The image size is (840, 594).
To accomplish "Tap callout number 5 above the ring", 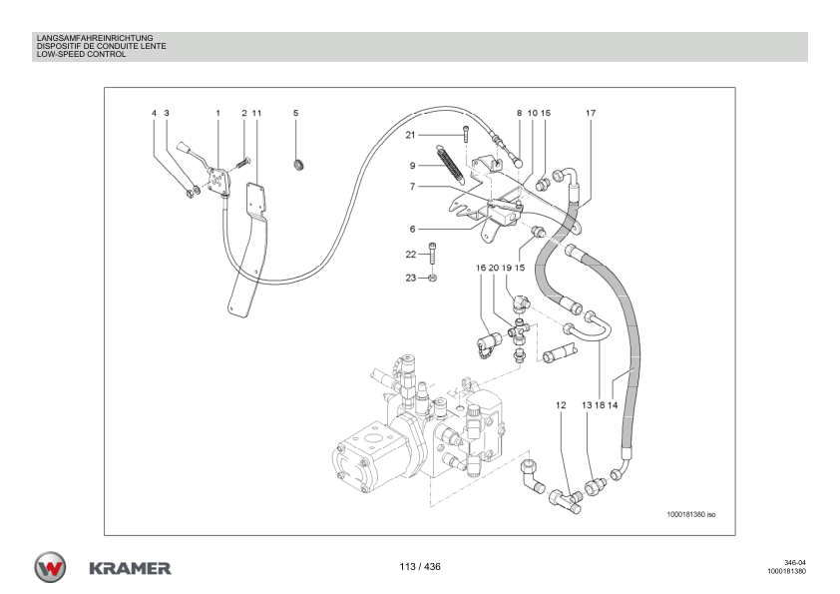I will (295, 114).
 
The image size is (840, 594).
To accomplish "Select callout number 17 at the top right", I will (591, 114).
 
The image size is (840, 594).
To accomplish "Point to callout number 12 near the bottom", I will (561, 405).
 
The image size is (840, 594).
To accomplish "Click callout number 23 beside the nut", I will (410, 278).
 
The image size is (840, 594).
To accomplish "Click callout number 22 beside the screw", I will (410, 254).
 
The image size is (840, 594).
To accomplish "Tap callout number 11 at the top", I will (256, 114).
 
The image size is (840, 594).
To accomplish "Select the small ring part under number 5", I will (297, 164).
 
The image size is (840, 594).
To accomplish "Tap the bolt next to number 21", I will (465, 135).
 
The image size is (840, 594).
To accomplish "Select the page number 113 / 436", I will (420, 567).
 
